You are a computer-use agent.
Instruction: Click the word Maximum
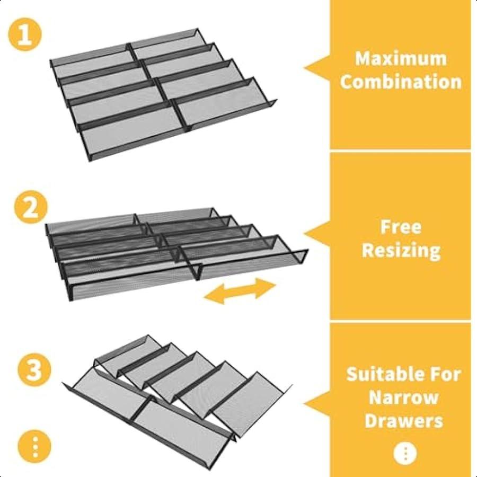click(x=401, y=58)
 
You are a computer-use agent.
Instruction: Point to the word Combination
click(x=401, y=82)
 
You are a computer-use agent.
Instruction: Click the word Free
click(x=401, y=227)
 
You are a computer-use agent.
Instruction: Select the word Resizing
click(x=401, y=250)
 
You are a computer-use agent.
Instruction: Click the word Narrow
click(x=404, y=397)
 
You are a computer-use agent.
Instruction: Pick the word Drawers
click(x=404, y=421)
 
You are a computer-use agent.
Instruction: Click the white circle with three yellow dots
click(x=405, y=453)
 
